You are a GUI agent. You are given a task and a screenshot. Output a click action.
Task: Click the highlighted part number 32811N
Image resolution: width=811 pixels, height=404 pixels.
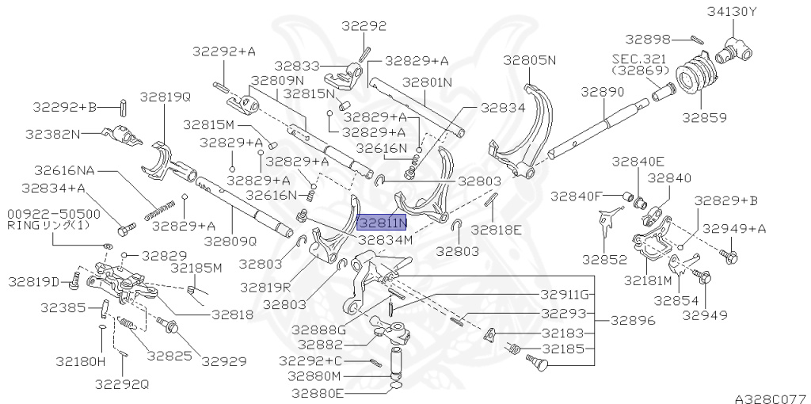click(x=382, y=224)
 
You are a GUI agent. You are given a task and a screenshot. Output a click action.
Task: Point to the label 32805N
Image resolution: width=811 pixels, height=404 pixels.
click(x=530, y=59)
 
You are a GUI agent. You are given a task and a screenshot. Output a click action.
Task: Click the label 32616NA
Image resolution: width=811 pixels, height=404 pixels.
click(x=63, y=170)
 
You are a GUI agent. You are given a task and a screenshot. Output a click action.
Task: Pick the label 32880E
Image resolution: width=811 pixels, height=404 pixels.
click(x=315, y=392)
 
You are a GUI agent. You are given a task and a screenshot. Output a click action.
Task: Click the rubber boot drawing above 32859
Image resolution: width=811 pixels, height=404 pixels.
click(x=697, y=75)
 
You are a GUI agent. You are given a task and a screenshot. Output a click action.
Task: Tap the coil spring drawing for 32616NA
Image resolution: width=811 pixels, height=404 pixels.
click(x=159, y=210)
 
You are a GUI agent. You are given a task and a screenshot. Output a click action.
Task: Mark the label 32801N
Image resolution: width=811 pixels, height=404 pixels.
click(x=427, y=82)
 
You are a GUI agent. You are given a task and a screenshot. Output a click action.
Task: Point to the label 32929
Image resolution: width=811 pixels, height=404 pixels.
click(x=224, y=360)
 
